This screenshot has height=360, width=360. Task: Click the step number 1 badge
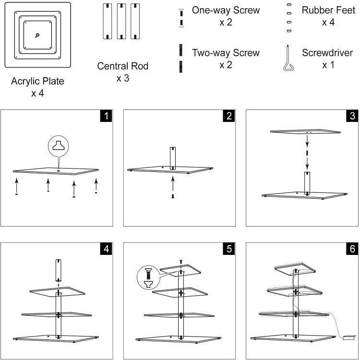pyautogui.click(x=106, y=116)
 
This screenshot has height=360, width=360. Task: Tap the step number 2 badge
pyautogui.click(x=229, y=116)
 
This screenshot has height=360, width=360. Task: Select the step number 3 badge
pyautogui.click(x=352, y=116)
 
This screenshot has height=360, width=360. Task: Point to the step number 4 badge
pyautogui.click(x=106, y=249)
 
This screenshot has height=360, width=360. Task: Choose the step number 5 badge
pyautogui.click(x=229, y=249)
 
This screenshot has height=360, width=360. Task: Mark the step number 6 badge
pyautogui.click(x=352, y=249)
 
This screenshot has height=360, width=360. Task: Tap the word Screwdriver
pyautogui.click(x=327, y=53)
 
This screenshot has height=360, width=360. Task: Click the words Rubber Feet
pyautogui.click(x=328, y=10)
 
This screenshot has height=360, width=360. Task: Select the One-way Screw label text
pyautogui.click(x=226, y=10)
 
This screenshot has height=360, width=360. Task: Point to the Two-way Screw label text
pyautogui.click(x=226, y=53)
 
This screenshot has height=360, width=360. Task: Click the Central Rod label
pyautogui.click(x=122, y=66)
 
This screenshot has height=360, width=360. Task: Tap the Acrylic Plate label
pyautogui.click(x=37, y=81)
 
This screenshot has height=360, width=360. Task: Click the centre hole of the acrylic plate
pyautogui.click(x=37, y=35)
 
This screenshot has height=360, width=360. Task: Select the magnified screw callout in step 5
pyautogui.click(x=148, y=277)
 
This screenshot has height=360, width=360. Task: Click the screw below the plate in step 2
pyautogui.click(x=173, y=196)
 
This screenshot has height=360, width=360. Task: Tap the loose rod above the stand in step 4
pyautogui.click(x=59, y=270)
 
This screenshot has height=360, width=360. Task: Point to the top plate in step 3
pyautogui.click(x=305, y=132)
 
